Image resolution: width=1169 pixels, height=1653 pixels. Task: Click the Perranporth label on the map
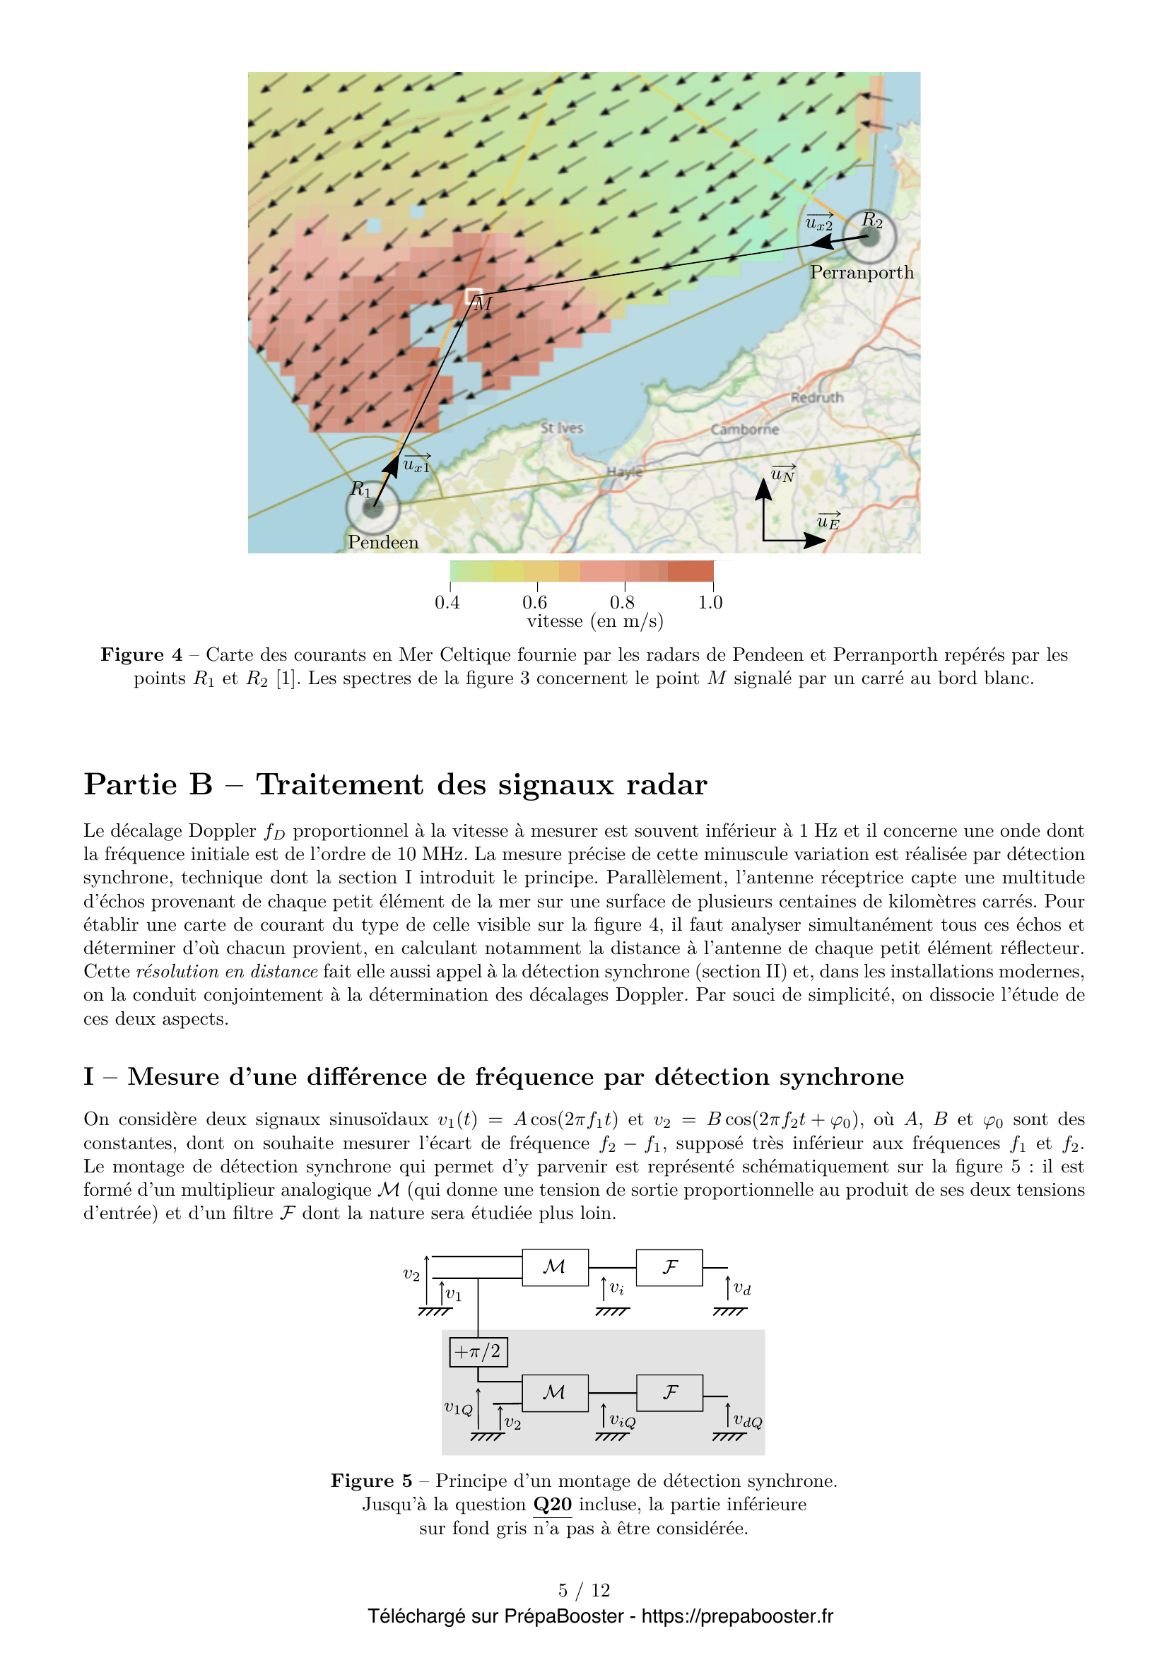point(861,273)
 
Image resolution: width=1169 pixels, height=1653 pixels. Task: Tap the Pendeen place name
point(383,542)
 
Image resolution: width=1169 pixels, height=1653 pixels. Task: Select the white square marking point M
point(474,295)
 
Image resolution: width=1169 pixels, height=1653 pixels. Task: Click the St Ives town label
point(561,428)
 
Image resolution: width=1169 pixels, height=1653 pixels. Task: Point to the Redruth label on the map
point(816,397)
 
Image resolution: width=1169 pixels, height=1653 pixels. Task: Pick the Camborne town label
point(744,429)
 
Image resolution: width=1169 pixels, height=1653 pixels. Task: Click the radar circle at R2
point(869,236)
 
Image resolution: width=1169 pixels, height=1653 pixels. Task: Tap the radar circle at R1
point(372,508)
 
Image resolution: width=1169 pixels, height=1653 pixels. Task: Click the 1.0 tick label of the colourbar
point(710,602)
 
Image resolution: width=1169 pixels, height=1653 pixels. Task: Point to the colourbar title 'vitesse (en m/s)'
point(594,621)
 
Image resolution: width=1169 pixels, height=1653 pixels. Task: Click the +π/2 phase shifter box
point(478,1351)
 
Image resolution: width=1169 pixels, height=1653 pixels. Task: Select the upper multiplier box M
point(555,1267)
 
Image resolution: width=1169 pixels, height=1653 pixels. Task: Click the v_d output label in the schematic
point(741,1289)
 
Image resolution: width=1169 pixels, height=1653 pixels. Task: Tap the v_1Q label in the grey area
point(458,1408)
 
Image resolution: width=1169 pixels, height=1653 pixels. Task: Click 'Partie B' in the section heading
point(148,784)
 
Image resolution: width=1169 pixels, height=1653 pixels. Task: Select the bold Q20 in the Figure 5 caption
point(552,1504)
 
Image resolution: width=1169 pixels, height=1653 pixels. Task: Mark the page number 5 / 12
point(584,1589)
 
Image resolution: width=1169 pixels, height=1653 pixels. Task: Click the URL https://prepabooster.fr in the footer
point(737,1616)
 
